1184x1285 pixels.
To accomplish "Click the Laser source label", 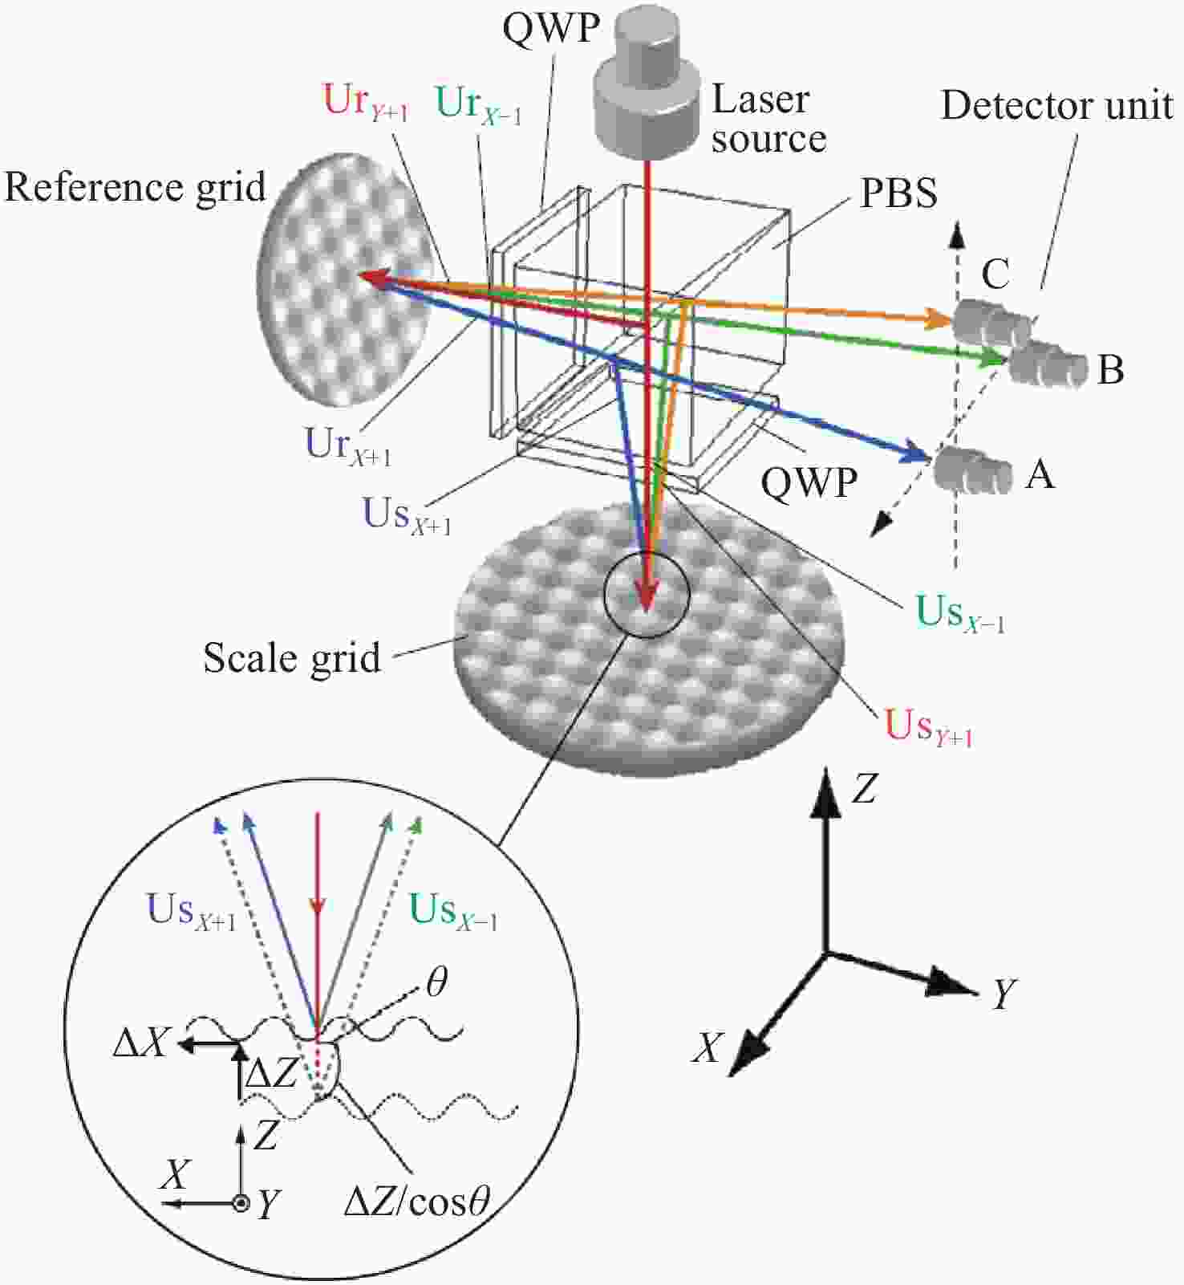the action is pos(768,119).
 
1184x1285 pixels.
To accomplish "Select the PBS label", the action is pos(898,193).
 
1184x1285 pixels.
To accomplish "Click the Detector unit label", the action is pos(1056,105).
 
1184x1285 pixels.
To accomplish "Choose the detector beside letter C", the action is pos(992,323).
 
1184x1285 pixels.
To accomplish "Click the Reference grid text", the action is pos(135,188).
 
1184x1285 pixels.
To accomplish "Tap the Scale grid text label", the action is pos(292,658).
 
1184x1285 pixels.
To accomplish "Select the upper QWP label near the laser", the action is pos(551,27).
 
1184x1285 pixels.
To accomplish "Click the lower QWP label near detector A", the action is pos(809,483).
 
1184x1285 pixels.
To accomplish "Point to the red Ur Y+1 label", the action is pos(366,103).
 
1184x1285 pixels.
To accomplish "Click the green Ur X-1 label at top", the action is pos(479,105).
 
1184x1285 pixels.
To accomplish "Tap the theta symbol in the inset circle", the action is pos(436,982).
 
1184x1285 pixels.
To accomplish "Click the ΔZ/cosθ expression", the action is pos(416,1202).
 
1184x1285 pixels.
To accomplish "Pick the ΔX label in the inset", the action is pos(141,1043).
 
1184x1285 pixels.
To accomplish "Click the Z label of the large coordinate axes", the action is pos(864,789).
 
